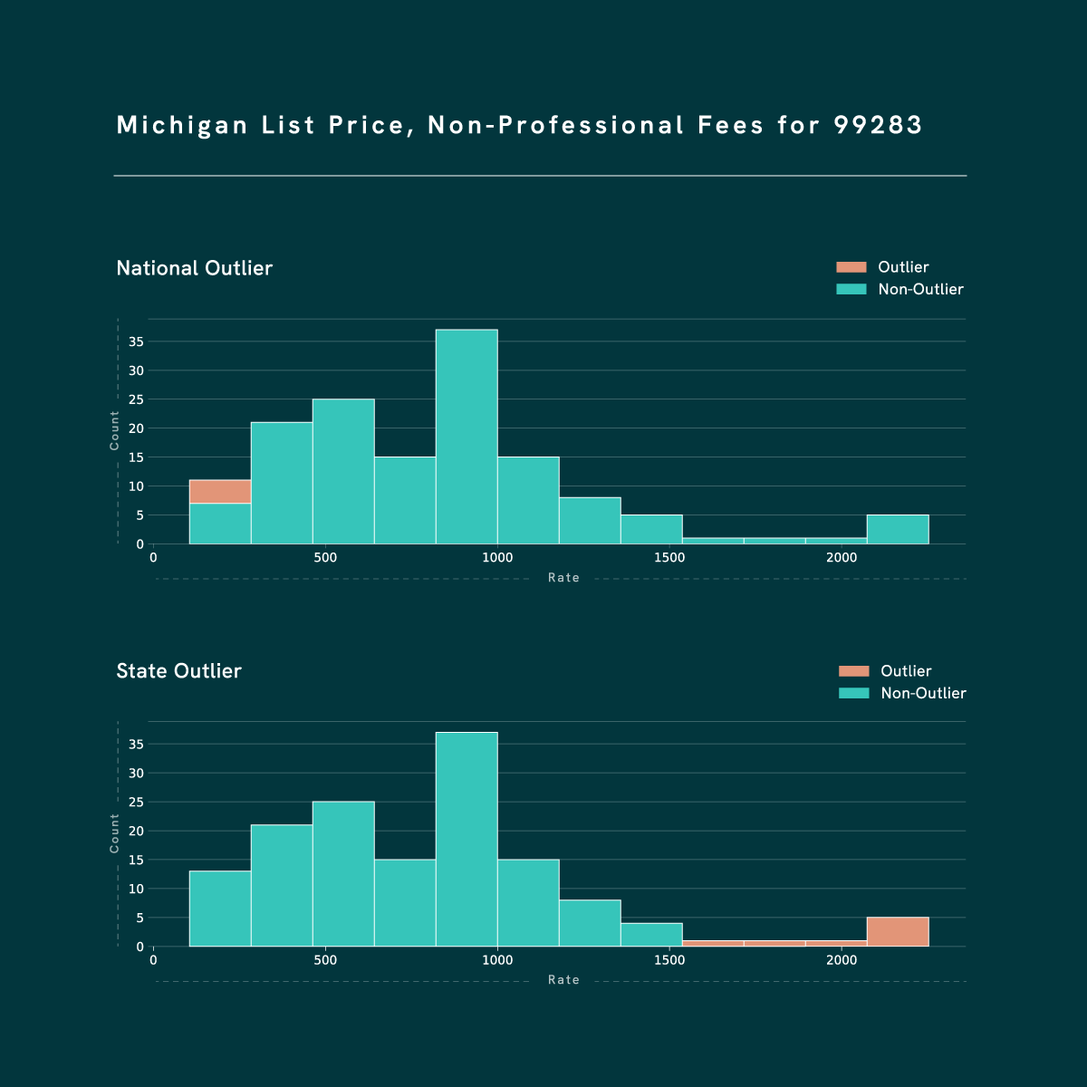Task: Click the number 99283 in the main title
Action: (x=878, y=125)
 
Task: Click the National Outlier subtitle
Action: (x=195, y=268)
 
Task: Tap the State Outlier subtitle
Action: (x=179, y=671)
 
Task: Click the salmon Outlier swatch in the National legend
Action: (x=851, y=267)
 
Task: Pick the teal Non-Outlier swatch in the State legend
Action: (x=853, y=693)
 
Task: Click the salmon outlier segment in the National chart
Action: (x=220, y=491)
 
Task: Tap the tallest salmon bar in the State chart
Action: (x=898, y=932)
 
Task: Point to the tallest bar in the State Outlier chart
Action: (x=467, y=839)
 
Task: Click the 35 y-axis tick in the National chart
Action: (x=136, y=341)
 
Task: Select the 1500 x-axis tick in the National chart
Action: (x=669, y=558)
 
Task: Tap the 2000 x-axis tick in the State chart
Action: (x=842, y=960)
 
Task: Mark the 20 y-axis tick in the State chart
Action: (x=136, y=831)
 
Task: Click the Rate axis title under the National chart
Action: (x=563, y=578)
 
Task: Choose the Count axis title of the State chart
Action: (x=115, y=832)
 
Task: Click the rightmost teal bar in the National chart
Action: (x=898, y=529)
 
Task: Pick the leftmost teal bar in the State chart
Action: (x=220, y=909)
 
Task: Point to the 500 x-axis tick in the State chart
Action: (x=325, y=960)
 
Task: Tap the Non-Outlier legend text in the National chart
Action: (x=920, y=290)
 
